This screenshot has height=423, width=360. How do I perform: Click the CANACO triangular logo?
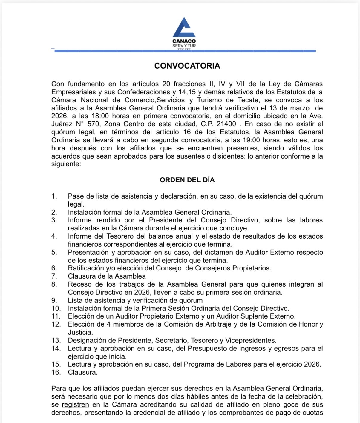pos(184,27)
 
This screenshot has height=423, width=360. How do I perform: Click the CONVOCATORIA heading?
pos(187,66)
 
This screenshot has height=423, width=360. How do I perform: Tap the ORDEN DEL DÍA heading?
pos(187,180)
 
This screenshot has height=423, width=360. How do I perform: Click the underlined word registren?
pos(75,405)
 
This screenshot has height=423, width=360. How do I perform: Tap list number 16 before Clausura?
pos(56,372)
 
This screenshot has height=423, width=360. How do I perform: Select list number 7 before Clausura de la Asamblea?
pos(54,276)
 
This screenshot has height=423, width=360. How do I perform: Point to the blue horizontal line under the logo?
pos(185,51)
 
